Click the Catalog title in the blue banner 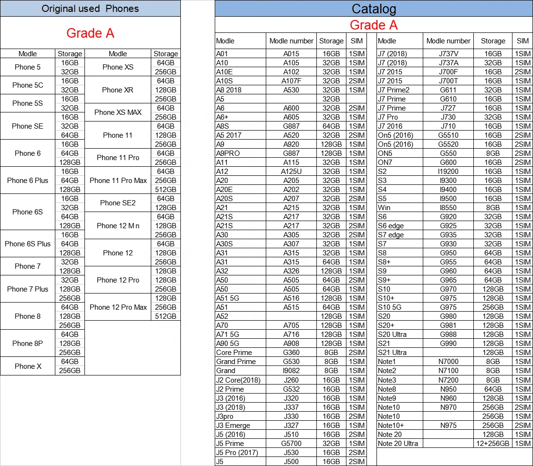coord(374,9)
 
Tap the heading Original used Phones coord(90,9)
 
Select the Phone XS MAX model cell coord(118,112)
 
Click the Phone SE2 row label coord(118,203)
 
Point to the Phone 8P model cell coord(28,343)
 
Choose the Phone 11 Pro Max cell coord(118,181)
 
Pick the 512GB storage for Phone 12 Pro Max coord(166,316)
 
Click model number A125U coord(291,172)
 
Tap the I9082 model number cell coord(291,371)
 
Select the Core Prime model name coord(234,353)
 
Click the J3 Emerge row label coord(233,425)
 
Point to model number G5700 coord(291,444)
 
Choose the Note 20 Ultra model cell coord(397,444)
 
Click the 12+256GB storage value coord(493,444)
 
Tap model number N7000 coord(448,362)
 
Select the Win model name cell coord(384,208)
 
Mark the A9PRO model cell coord(228,153)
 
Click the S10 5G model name coord(389,307)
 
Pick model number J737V coord(448,54)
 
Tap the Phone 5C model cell coord(28,85)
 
